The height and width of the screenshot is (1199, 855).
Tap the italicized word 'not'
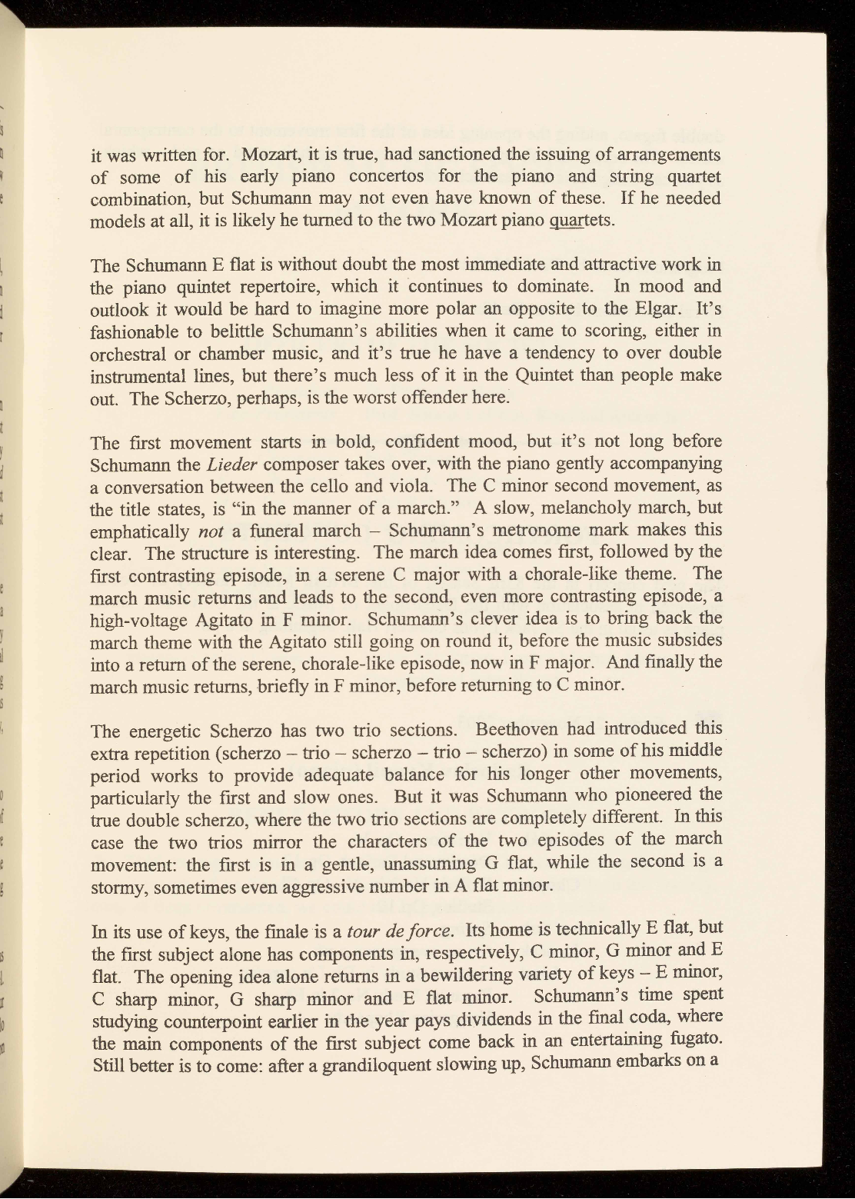pyautogui.click(x=211, y=531)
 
